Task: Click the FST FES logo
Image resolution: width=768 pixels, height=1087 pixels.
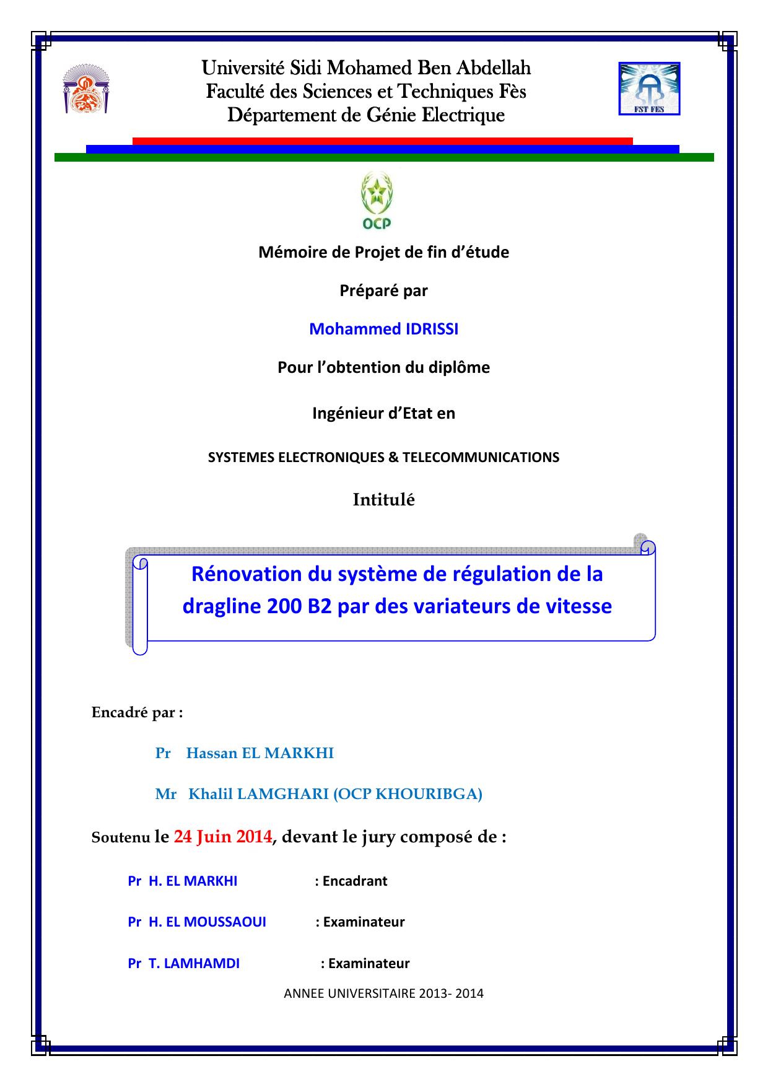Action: [650, 89]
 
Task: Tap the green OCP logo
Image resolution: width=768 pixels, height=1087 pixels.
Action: [377, 201]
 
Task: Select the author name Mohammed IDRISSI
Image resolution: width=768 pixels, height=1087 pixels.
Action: [383, 329]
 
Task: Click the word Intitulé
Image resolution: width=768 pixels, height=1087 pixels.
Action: [383, 500]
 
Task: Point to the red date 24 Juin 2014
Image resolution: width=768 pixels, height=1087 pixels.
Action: [223, 837]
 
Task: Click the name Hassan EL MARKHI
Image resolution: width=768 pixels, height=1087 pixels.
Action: [260, 753]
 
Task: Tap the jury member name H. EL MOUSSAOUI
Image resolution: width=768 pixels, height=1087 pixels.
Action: [207, 922]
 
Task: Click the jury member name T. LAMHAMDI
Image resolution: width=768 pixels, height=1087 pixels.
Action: [194, 963]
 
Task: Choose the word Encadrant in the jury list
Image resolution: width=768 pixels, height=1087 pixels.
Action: [355, 881]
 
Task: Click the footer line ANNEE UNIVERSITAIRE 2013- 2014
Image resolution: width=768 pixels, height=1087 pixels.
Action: [383, 993]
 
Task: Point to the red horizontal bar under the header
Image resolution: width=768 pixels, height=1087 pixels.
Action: [382, 141]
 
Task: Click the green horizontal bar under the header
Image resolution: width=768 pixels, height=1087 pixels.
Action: [384, 157]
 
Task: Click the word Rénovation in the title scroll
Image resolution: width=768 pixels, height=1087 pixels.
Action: [247, 574]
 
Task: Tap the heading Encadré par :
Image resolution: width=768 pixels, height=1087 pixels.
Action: [137, 712]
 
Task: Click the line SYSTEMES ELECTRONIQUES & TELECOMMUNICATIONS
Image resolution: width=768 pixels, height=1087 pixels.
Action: [383, 457]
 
